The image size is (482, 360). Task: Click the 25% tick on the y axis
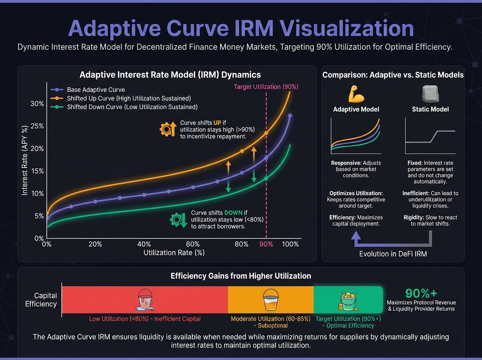37,126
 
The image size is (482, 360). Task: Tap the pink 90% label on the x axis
266,244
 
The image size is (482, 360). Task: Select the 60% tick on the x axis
193,244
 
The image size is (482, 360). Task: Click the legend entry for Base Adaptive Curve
90,90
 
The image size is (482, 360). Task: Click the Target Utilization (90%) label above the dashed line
266,87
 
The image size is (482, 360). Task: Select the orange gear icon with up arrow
168,129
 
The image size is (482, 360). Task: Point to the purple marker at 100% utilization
290,116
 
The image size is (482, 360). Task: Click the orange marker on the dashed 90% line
266,133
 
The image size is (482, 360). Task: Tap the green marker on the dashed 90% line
266,178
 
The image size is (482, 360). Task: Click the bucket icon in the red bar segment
145,300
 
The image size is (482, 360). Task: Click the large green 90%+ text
421,293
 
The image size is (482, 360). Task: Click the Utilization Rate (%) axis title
174,253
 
